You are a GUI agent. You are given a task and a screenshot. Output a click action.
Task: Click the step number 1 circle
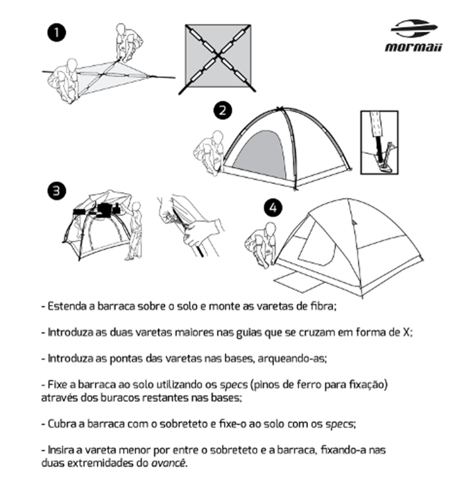click(56, 33)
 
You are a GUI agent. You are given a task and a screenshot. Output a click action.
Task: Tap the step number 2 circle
click(223, 110)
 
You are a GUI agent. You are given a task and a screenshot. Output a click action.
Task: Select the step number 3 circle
click(57, 191)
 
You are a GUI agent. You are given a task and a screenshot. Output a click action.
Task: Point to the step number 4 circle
click(273, 208)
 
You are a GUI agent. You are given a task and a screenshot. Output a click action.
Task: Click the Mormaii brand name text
click(413, 47)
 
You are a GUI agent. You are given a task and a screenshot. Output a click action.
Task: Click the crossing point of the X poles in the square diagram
click(219, 56)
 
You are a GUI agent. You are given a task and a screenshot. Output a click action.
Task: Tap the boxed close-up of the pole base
click(379, 142)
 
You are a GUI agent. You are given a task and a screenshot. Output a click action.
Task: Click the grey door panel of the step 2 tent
click(262, 156)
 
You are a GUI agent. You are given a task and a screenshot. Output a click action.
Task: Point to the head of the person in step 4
click(271, 228)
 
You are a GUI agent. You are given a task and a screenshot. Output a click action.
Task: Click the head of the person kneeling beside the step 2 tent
click(218, 137)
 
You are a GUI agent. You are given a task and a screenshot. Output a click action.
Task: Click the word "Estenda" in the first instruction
click(67, 306)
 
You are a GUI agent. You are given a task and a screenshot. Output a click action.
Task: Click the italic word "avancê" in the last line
click(168, 463)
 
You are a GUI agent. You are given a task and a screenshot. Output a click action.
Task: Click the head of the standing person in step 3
click(136, 208)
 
